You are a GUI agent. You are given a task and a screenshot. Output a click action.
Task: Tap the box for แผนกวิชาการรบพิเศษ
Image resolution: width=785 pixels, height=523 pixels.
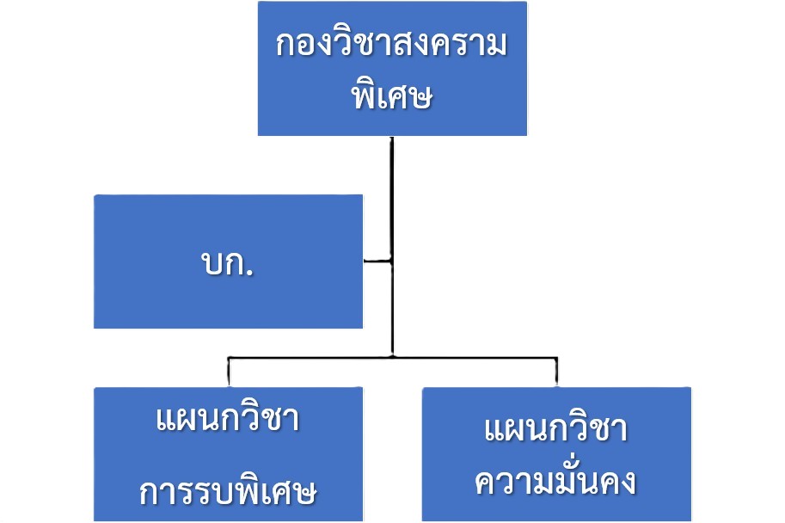(x=228, y=456)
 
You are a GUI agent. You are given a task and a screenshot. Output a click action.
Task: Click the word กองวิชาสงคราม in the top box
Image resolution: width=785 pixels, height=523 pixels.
(x=392, y=45)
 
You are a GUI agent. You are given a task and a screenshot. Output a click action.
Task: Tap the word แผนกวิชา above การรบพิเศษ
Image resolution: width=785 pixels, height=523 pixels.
(x=228, y=421)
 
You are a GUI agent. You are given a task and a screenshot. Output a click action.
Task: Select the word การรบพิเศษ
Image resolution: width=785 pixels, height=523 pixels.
(x=228, y=493)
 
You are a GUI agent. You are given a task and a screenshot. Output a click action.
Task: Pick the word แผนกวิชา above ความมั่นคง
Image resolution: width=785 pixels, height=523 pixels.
(x=556, y=429)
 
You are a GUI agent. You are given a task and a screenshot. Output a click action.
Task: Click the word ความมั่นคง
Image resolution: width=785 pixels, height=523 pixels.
(x=556, y=482)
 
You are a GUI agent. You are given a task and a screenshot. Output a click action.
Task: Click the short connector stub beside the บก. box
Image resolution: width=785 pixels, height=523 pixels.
(x=377, y=260)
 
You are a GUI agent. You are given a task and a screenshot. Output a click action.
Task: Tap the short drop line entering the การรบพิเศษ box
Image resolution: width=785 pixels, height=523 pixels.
(x=229, y=372)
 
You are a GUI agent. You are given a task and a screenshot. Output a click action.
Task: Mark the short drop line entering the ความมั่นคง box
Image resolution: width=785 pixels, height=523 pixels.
(x=556, y=372)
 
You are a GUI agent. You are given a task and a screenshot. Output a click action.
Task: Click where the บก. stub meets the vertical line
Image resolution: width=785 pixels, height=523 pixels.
(x=392, y=260)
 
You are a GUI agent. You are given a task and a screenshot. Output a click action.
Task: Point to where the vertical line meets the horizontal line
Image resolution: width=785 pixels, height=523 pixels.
(x=392, y=355)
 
